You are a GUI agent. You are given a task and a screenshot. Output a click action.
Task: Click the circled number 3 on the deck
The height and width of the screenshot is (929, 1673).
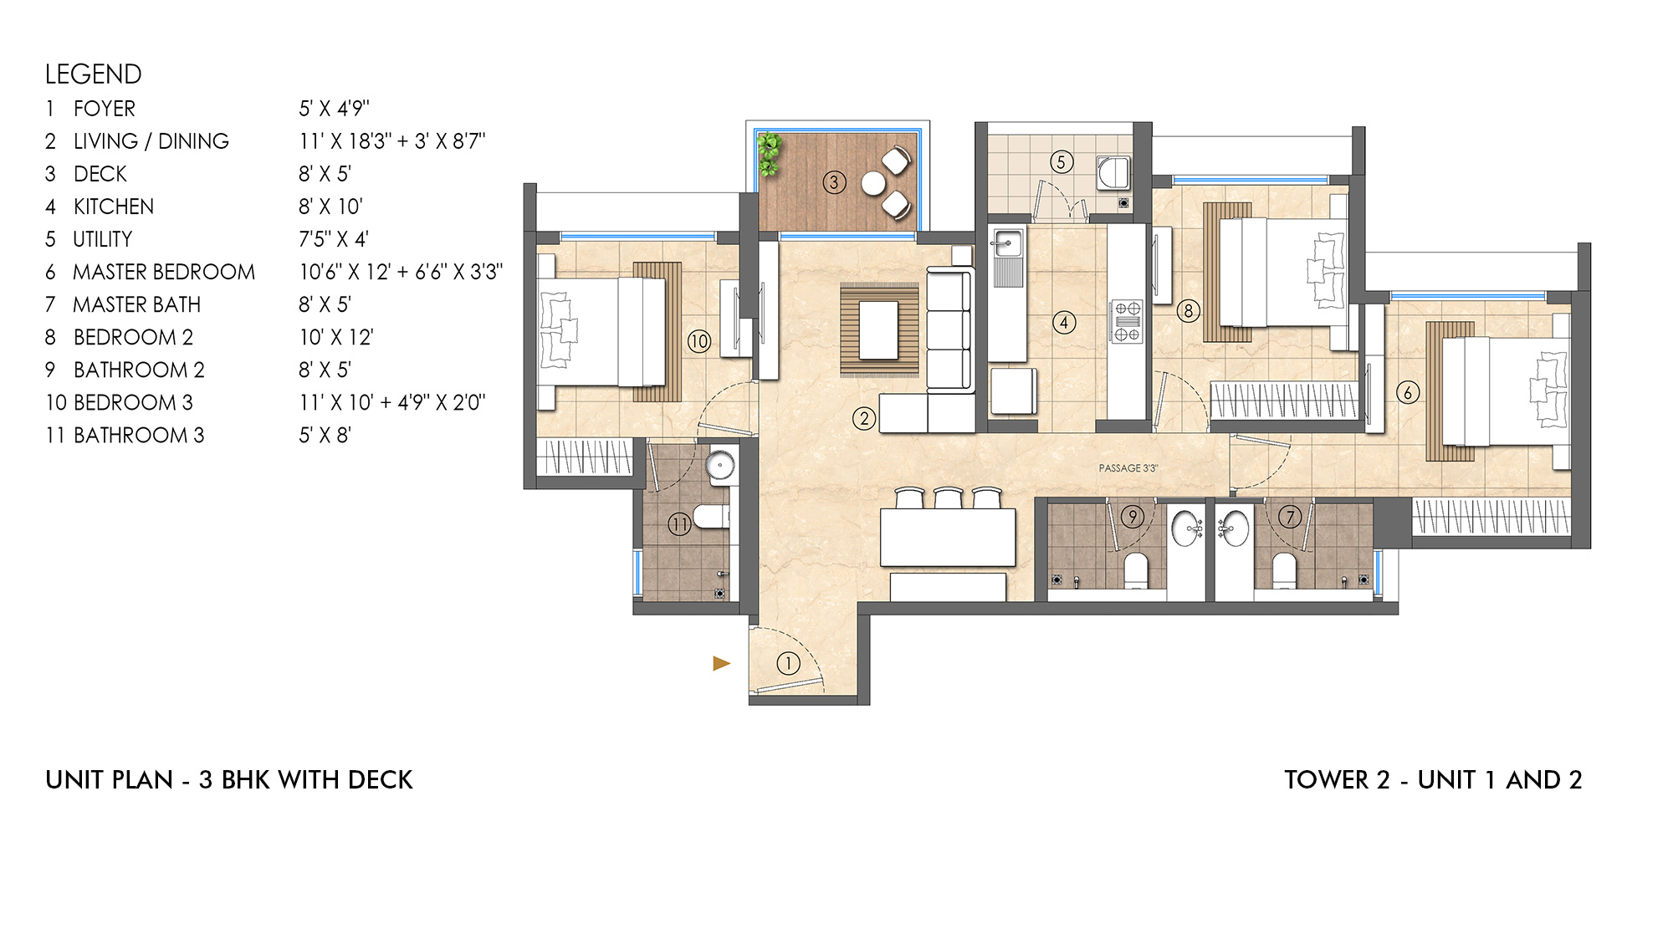(834, 182)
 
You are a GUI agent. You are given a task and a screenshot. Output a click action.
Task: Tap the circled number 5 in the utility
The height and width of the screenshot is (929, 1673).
(1061, 162)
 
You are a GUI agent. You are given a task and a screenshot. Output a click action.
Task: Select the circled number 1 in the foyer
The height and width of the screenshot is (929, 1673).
(788, 664)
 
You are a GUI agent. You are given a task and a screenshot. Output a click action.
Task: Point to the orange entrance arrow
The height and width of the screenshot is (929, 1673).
(721, 663)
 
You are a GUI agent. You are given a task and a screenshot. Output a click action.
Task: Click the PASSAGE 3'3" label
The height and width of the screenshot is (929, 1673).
(1128, 468)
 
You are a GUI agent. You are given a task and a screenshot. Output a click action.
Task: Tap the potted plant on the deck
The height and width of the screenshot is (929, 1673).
(769, 155)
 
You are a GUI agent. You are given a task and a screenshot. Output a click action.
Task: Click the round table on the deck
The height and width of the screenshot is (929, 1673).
(873, 183)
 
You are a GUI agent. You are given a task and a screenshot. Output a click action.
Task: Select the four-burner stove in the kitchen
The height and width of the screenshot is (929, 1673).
(1126, 322)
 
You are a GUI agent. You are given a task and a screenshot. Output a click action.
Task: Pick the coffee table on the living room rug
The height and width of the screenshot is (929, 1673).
(878, 330)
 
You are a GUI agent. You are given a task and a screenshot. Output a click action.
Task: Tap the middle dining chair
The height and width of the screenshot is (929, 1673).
(949, 498)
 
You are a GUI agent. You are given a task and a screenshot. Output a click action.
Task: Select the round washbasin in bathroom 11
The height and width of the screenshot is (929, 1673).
(720, 465)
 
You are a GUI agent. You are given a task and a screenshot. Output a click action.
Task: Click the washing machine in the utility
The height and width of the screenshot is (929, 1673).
(1114, 173)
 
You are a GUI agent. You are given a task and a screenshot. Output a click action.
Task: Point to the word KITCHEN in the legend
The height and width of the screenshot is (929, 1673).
(114, 207)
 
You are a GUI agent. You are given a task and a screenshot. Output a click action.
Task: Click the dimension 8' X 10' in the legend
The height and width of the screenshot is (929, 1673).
(331, 207)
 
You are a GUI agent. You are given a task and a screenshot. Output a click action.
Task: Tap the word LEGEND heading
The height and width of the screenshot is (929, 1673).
(94, 74)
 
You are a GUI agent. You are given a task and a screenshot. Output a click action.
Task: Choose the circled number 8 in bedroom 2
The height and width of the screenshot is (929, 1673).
(1188, 311)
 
